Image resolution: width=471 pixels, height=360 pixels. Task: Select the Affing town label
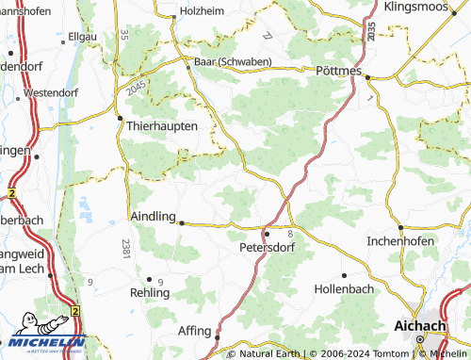tap(194, 332)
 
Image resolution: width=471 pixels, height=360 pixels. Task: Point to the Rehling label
tap(150, 293)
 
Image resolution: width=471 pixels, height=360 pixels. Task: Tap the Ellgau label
tap(84, 36)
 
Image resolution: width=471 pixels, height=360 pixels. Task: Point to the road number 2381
tap(126, 249)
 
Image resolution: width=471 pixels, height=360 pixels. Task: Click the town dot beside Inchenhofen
tap(400, 227)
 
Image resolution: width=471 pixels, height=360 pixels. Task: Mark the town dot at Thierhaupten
tap(120, 119)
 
